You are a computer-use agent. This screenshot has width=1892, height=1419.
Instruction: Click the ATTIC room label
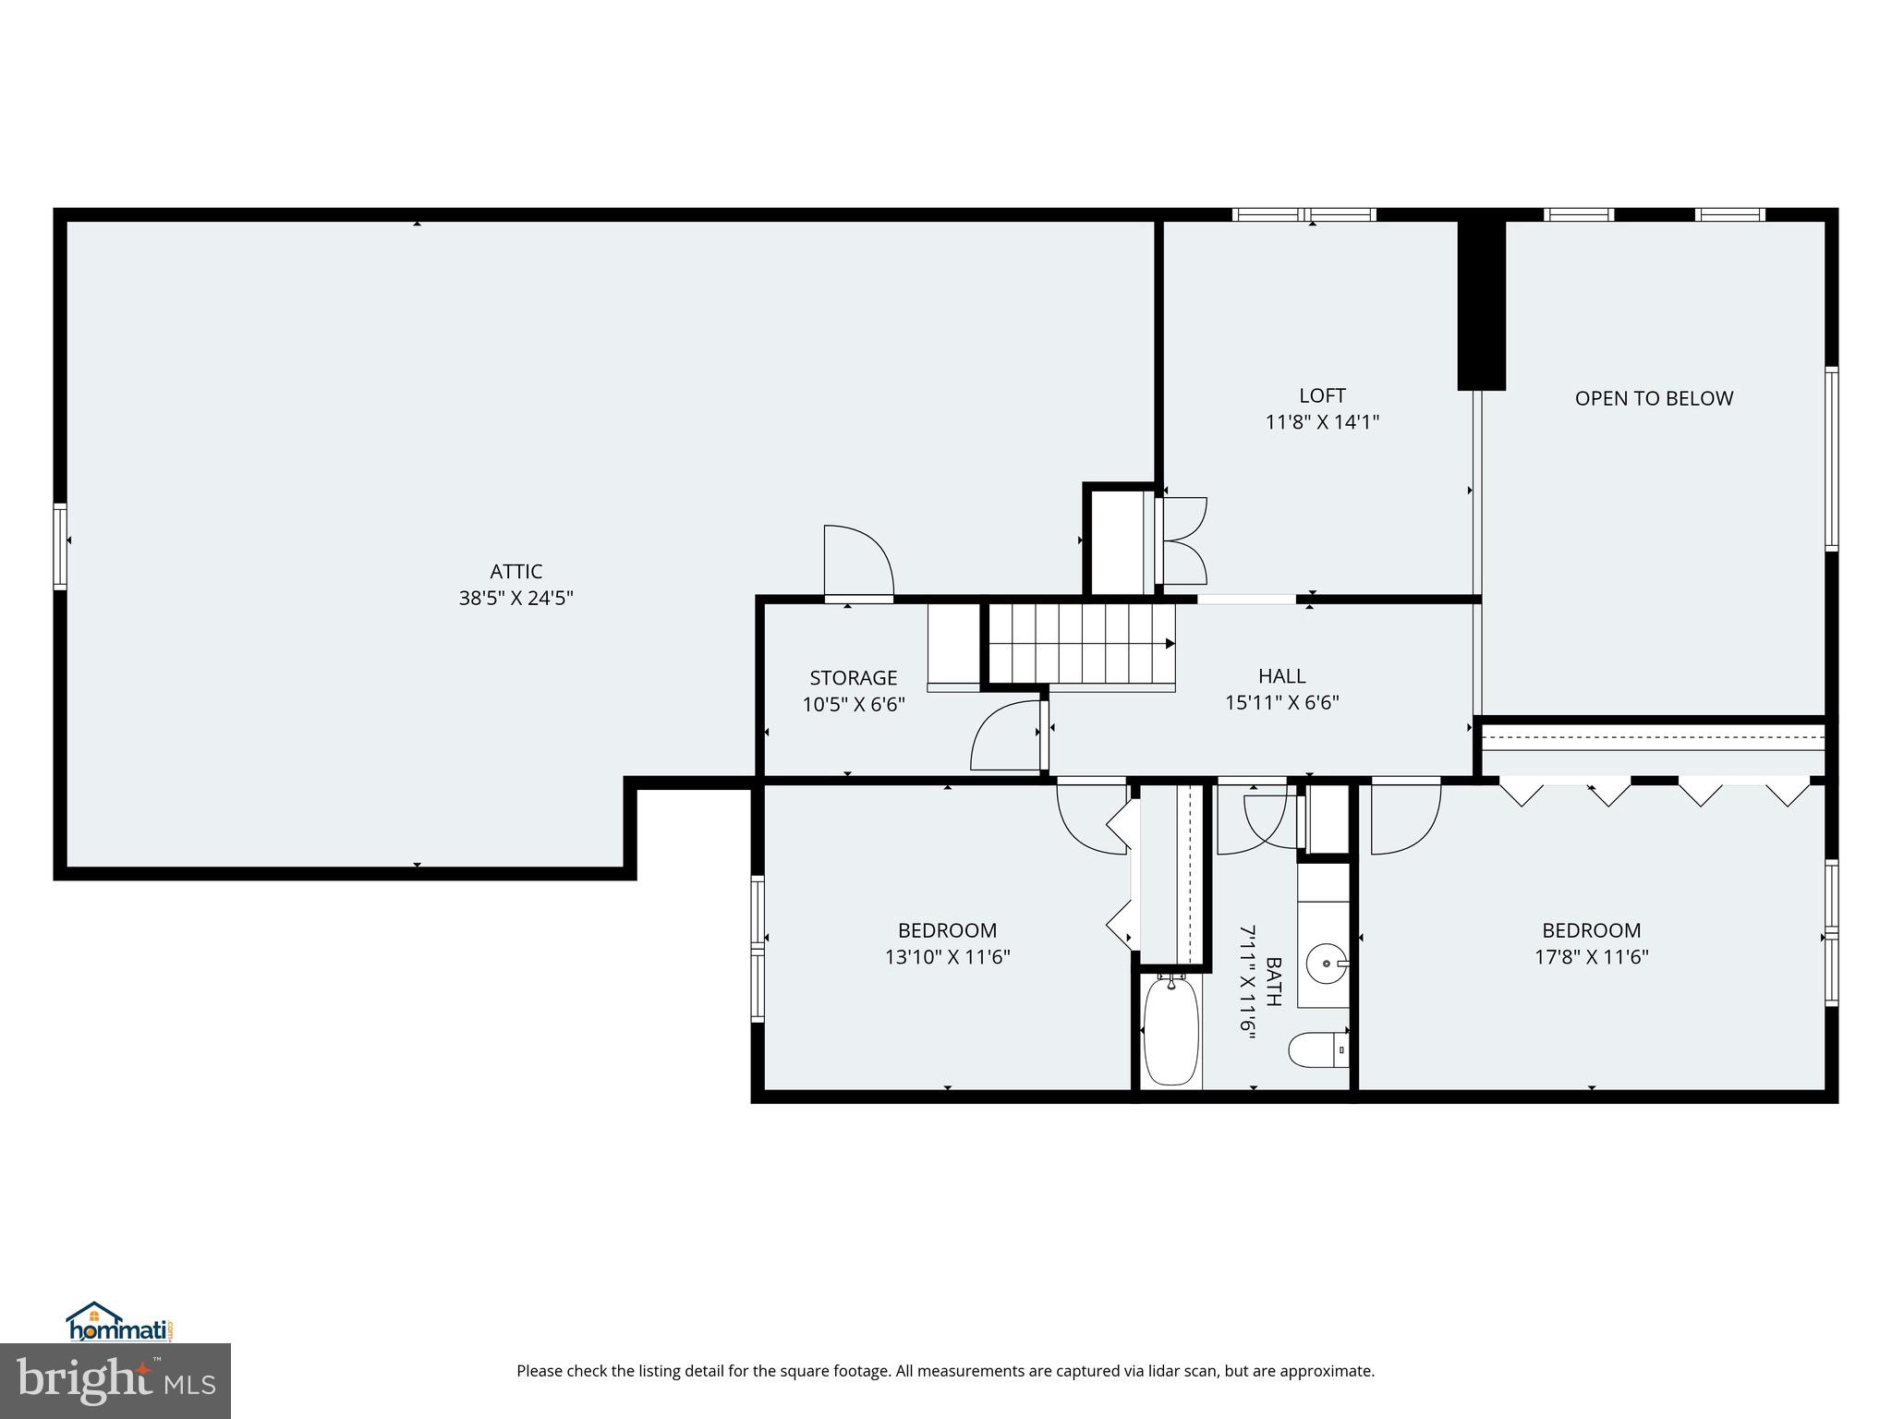[x=515, y=571]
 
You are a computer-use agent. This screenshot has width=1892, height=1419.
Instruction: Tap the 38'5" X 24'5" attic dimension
[x=515, y=598]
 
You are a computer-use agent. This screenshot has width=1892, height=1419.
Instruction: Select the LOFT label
[x=1322, y=395]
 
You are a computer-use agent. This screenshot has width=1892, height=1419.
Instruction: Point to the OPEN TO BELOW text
[x=1654, y=398]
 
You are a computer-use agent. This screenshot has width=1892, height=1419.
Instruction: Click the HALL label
[x=1281, y=675]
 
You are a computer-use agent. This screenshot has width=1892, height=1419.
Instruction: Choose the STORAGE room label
[x=853, y=678]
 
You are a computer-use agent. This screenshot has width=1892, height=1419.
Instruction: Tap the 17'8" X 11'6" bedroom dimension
[x=1591, y=957]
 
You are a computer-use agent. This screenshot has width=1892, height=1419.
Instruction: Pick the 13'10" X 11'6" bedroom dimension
[x=947, y=957]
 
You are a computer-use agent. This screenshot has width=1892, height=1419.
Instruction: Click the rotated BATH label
[x=1273, y=981]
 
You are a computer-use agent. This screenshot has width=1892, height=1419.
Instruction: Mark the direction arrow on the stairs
[x=1170, y=644]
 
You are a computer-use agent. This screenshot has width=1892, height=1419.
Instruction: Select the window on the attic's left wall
[x=60, y=545]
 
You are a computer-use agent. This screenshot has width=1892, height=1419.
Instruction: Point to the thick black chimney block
[x=1481, y=305]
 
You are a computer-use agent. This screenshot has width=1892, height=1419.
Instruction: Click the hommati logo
[x=120, y=1322]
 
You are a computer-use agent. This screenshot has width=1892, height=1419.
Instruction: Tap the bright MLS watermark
[x=115, y=1380]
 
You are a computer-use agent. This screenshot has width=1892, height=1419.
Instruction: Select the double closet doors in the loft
[x=1182, y=540]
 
